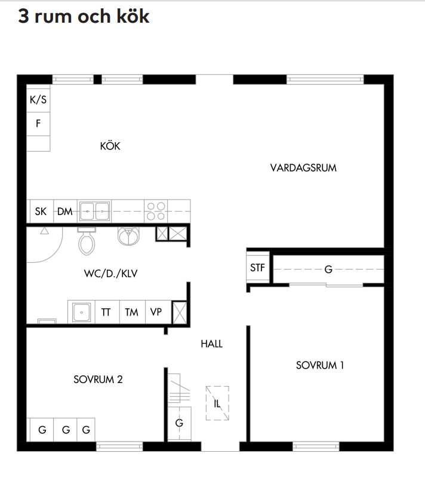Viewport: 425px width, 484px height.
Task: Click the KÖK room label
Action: point(110,146)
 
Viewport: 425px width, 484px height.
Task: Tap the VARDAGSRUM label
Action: point(303,168)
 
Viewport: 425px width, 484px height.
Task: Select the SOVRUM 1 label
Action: point(319,365)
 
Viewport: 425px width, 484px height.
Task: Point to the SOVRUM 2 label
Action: point(98,379)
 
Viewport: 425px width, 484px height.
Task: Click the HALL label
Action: point(211,344)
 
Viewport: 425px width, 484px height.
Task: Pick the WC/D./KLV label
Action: point(110,273)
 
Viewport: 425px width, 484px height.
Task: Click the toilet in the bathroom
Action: point(87,241)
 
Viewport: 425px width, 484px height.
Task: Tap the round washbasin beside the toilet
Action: point(128,236)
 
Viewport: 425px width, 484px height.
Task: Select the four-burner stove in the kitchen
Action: point(156,211)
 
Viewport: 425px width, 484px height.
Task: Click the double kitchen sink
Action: point(94,212)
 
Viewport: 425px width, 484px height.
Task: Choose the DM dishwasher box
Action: point(65,212)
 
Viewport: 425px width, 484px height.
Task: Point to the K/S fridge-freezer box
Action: point(38,99)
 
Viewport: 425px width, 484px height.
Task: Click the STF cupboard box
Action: point(257,267)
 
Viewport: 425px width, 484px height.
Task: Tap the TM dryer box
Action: point(132,312)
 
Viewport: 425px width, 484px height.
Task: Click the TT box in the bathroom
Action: point(107,312)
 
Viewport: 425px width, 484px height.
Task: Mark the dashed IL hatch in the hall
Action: point(217,403)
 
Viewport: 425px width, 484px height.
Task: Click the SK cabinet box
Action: point(41,212)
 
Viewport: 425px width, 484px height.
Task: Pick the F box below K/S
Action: point(38,124)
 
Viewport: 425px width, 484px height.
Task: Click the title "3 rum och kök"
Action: point(84,16)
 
